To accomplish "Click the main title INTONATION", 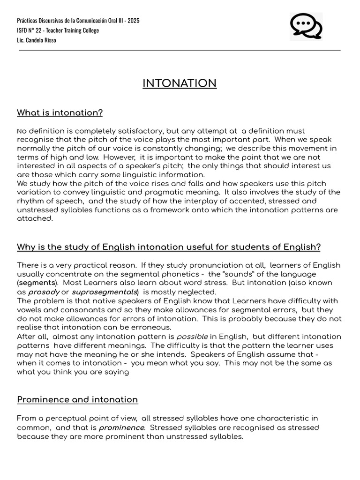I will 180,83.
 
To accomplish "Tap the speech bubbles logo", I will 306,26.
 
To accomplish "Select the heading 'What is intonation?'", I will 60,113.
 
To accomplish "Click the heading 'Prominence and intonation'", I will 77,399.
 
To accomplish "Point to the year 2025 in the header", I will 133,21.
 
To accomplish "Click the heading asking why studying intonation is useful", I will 169,247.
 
